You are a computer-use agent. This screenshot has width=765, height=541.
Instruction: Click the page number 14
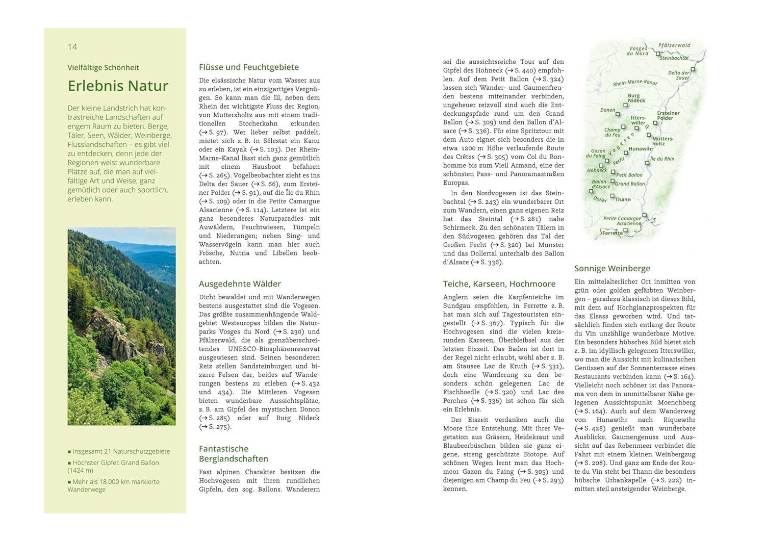pos(72,47)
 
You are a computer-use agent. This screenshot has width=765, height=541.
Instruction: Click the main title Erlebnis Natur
pos(118,86)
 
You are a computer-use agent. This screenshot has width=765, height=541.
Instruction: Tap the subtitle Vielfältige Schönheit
pos(103,67)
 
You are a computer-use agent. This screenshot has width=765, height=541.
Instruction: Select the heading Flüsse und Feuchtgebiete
pos(249,67)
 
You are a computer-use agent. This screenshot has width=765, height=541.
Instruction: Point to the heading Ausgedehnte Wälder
pos(240,284)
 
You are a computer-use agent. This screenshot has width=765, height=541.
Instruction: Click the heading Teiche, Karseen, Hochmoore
pos(499,284)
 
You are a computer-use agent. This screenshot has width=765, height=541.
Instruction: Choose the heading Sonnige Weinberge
pos(612,269)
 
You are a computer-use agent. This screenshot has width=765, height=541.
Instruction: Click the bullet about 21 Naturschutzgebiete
pos(121,451)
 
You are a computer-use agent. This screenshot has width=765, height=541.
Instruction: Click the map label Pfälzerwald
pos(674,45)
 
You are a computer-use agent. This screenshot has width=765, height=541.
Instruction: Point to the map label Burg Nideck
pos(636,98)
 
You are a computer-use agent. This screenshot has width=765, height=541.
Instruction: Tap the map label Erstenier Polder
pos(668,115)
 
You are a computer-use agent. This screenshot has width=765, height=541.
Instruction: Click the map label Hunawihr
pos(641,149)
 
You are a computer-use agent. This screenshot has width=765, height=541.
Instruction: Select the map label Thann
pos(623,199)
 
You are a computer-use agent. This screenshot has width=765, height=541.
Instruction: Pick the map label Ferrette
pos(612,233)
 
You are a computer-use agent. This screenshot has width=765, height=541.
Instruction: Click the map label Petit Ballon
pos(629,175)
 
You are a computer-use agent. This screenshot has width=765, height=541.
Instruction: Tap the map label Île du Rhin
pos(662,159)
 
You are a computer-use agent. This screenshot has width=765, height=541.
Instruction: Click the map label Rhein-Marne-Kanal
pos(635,83)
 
